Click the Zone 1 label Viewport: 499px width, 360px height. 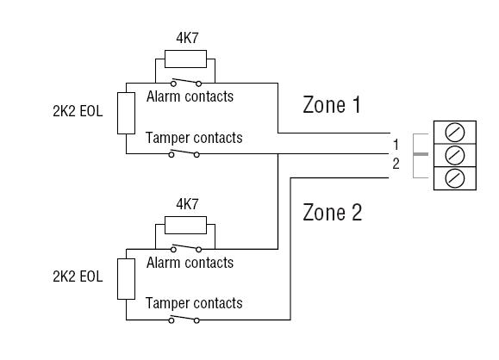pos(332,104)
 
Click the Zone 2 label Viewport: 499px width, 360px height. pos(333,212)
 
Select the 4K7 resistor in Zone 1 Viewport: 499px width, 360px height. pos(185,59)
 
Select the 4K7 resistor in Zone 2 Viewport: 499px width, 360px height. pos(185,225)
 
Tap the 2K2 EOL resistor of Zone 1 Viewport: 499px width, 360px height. pos(126,113)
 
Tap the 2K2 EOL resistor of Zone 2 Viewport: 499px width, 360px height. pos(126,279)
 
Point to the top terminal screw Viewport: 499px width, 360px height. pos(455,133)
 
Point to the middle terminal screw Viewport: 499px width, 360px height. pos(455,156)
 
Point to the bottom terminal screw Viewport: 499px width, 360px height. pos(455,178)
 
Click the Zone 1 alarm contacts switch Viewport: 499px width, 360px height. pos(186,83)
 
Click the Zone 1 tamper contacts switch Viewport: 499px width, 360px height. pos(184,153)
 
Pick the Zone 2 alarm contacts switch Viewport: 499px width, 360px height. pos(186,248)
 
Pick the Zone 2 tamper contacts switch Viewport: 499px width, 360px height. pos(184,319)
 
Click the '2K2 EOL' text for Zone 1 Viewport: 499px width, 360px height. pos(78,111)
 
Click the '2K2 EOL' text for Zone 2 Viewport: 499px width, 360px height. pos(78,276)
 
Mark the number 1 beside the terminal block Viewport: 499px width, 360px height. pos(396,145)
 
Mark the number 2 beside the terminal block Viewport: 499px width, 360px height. pos(396,164)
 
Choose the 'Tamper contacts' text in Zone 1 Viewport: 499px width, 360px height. pos(194,138)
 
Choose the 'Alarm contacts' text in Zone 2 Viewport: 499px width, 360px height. pos(190,263)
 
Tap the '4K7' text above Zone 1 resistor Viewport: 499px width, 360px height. pos(187,38)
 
